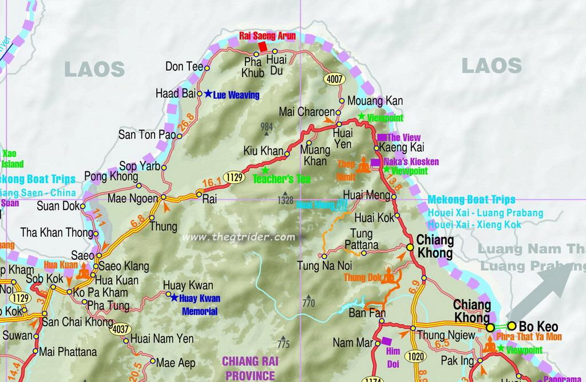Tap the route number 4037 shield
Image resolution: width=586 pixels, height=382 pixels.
(121, 329)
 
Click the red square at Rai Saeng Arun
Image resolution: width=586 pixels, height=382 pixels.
(262, 46)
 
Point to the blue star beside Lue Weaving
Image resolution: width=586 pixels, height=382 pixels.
(208, 94)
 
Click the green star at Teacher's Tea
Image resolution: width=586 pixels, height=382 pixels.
(264, 170)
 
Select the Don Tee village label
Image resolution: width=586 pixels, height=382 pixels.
(184, 66)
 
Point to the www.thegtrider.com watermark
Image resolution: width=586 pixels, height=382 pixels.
(239, 237)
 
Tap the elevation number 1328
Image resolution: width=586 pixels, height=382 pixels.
(286, 201)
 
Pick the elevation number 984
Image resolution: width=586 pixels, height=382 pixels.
(266, 126)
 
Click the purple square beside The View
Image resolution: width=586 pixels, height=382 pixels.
(382, 137)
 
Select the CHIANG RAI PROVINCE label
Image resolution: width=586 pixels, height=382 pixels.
(249, 368)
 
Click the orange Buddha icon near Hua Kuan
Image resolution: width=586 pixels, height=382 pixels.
(84, 272)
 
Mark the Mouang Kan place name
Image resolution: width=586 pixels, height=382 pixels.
(375, 101)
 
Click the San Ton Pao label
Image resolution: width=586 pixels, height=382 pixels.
(146, 135)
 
